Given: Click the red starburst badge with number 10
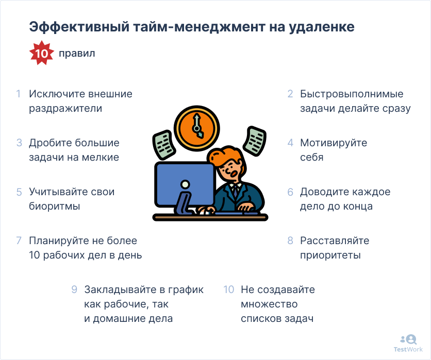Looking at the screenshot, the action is click(x=42, y=53).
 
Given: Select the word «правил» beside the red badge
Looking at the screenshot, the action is click(x=77, y=53).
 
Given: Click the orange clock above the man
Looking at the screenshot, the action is click(x=197, y=129).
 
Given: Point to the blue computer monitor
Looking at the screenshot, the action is click(x=185, y=184).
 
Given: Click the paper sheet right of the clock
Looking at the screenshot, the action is click(x=254, y=141).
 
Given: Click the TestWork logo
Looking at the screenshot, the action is click(x=408, y=344).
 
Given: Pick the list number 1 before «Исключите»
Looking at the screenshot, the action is click(x=19, y=94).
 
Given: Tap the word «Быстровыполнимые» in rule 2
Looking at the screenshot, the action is click(x=352, y=94).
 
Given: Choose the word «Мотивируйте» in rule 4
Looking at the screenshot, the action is click(x=334, y=143).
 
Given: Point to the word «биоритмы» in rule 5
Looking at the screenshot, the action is click(x=55, y=206).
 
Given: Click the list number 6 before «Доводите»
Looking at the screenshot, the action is click(x=290, y=192).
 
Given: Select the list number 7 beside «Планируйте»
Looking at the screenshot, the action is click(x=19, y=241).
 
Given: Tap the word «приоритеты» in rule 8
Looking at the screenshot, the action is click(x=330, y=255).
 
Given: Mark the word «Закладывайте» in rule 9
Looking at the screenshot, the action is click(x=122, y=290).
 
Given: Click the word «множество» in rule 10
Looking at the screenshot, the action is click(x=269, y=304).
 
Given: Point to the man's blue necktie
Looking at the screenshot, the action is click(x=236, y=192).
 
